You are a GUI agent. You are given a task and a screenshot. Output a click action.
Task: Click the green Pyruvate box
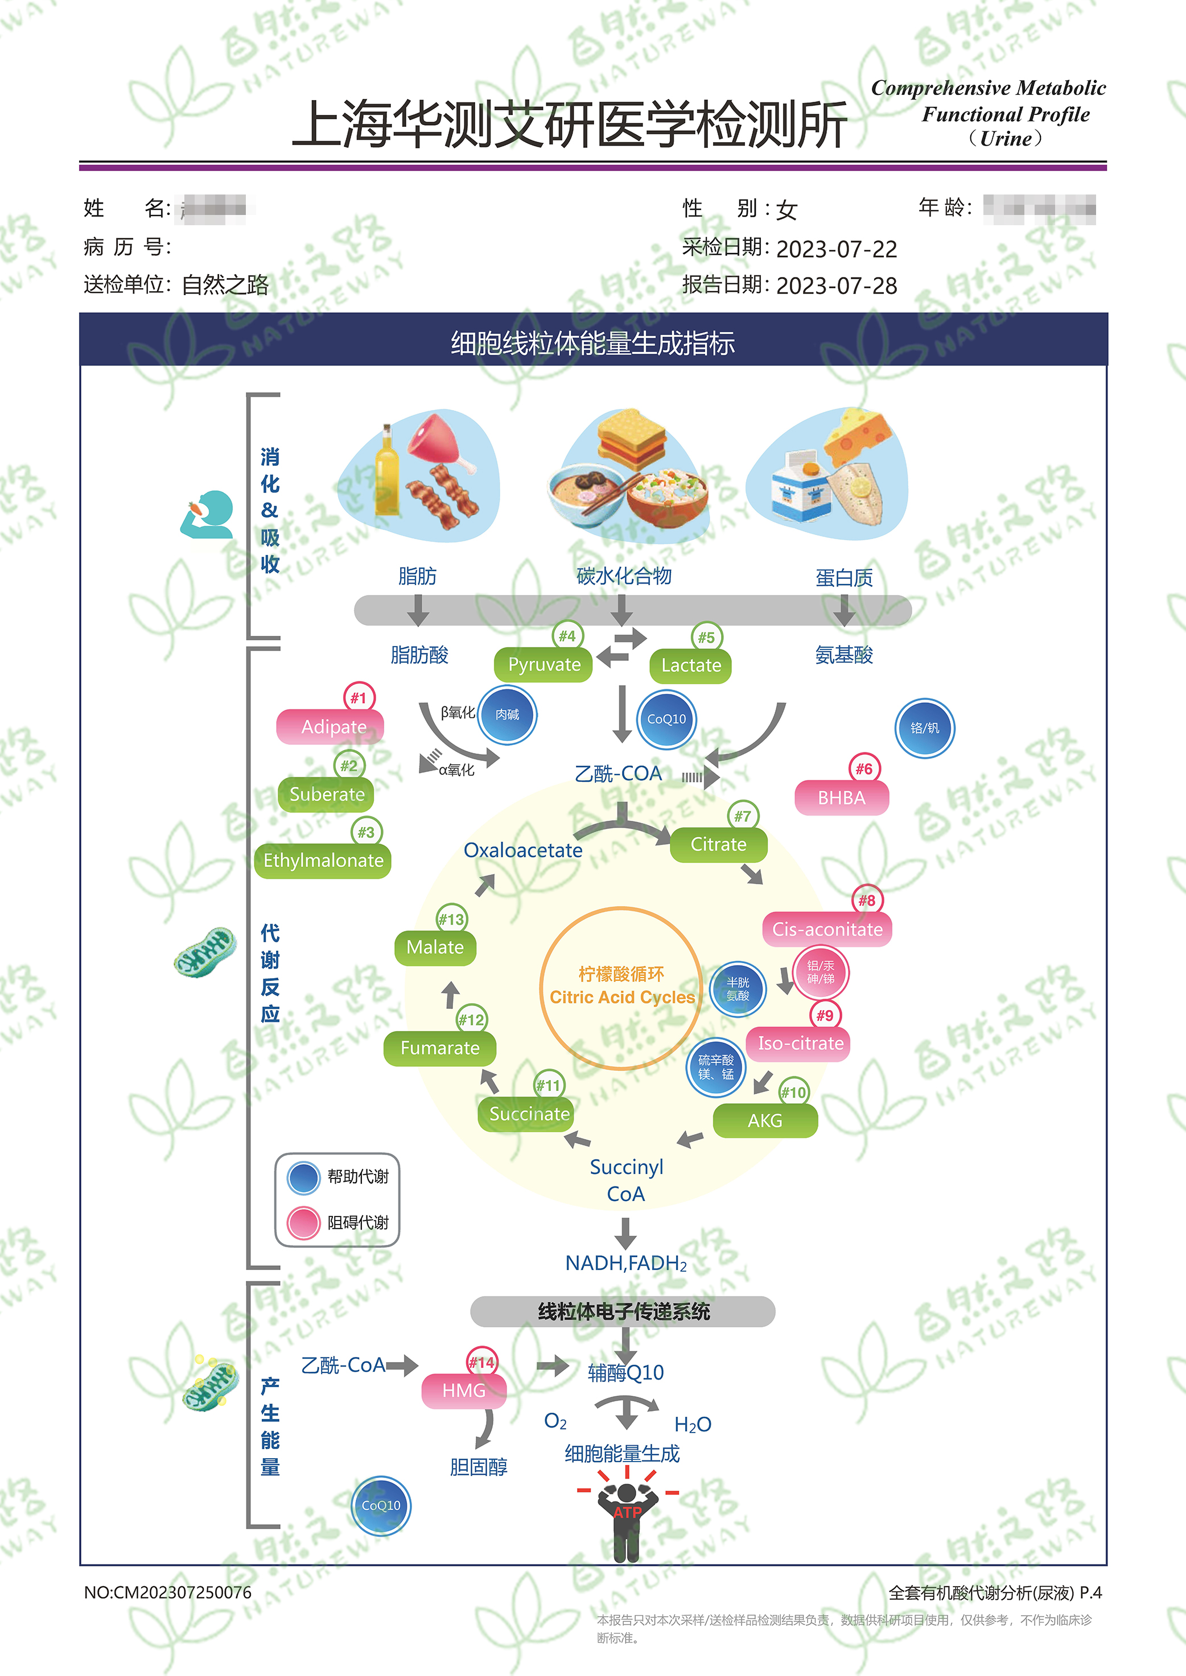543,665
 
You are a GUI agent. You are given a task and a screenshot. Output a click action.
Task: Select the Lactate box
690,666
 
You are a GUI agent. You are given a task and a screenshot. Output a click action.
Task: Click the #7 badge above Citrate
742,816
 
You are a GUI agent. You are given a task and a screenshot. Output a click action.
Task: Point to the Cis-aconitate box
827,929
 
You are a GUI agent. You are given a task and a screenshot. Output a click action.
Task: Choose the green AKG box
765,1120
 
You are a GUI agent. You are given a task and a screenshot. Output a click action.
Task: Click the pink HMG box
464,1391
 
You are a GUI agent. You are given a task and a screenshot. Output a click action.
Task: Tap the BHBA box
841,798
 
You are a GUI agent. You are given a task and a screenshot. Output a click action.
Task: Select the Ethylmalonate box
323,860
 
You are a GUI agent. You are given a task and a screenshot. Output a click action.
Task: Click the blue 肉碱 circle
508,715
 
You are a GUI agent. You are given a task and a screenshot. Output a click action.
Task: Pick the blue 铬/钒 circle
925,728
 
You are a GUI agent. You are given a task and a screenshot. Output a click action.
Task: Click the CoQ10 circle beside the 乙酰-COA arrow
666,719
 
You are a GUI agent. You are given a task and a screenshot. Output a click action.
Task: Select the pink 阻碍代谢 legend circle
303,1223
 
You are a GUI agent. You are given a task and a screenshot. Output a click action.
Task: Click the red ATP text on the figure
627,1512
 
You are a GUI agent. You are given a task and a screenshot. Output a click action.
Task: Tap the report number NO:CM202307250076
167,1592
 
